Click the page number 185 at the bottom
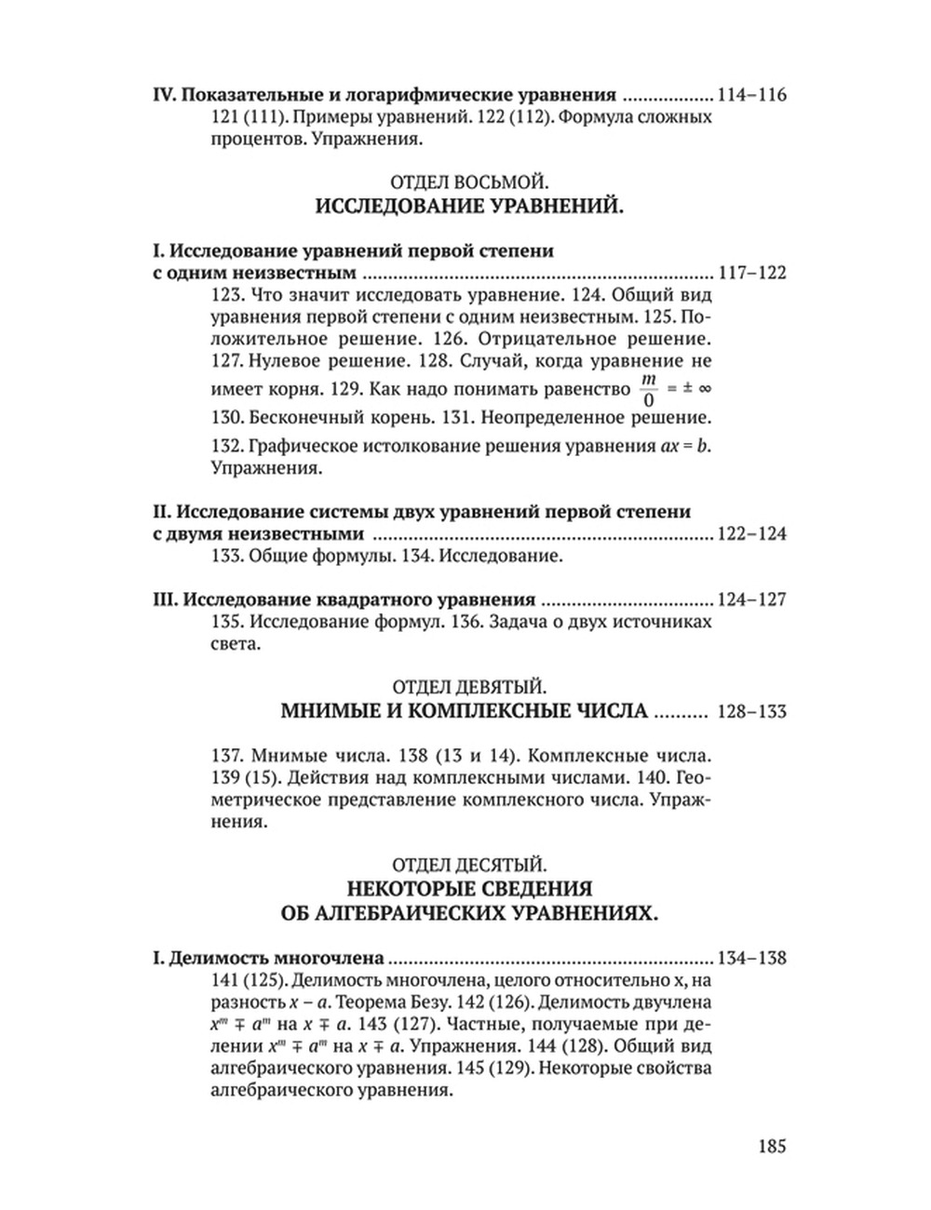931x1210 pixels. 766,1147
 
